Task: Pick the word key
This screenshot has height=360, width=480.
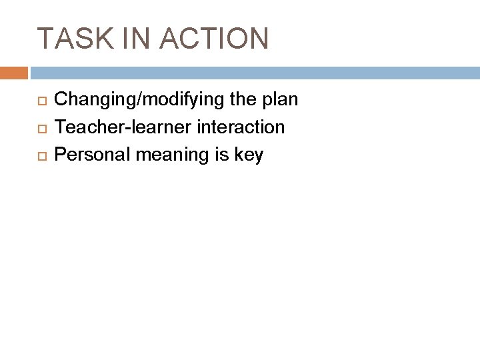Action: (x=249, y=155)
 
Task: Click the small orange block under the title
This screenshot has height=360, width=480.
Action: (x=14, y=72)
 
